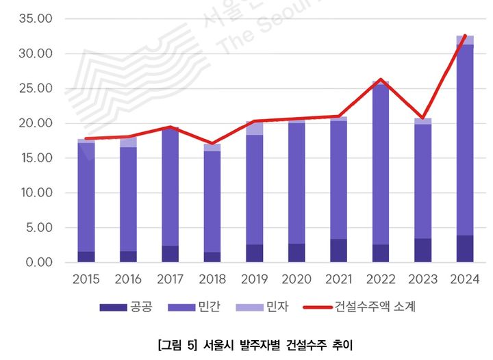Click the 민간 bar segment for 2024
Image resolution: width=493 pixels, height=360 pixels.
[x=465, y=140]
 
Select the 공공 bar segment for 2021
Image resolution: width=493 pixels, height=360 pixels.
[x=339, y=250]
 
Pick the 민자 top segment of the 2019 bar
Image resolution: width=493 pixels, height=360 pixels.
[x=255, y=129]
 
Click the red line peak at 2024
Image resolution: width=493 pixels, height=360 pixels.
[x=465, y=36]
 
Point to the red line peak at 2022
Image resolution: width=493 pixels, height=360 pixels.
[x=381, y=79]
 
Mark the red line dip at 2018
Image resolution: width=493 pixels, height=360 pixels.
[x=212, y=143]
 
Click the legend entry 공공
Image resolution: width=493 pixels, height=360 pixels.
[x=123, y=307]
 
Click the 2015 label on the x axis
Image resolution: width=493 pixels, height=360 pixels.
[x=86, y=279]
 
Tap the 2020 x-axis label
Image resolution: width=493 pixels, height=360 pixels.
[x=296, y=279]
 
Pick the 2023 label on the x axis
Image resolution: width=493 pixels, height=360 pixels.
[x=422, y=279]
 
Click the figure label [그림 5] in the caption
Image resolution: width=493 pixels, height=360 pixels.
[x=176, y=344]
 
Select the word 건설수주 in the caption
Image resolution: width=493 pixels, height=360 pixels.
[x=299, y=344]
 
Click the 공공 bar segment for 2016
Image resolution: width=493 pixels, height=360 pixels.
[x=128, y=257]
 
